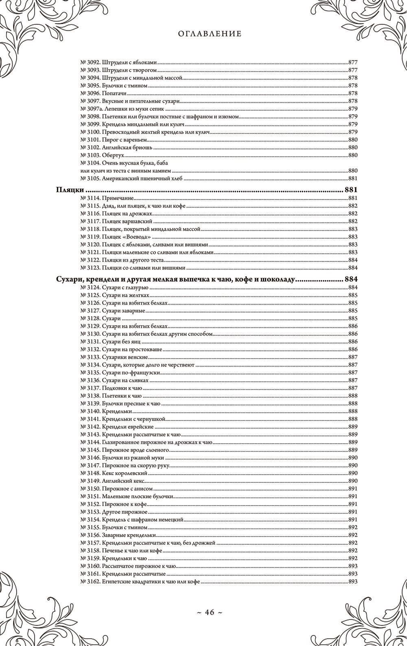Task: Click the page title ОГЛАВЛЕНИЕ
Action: [x=210, y=34]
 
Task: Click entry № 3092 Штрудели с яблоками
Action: [x=118, y=63]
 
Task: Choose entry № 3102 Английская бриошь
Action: [x=116, y=147]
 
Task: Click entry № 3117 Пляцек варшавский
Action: [x=116, y=221]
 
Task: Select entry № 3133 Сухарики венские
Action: [x=111, y=357]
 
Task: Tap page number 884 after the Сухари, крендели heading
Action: [x=350, y=280]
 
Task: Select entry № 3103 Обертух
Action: [x=102, y=155]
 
